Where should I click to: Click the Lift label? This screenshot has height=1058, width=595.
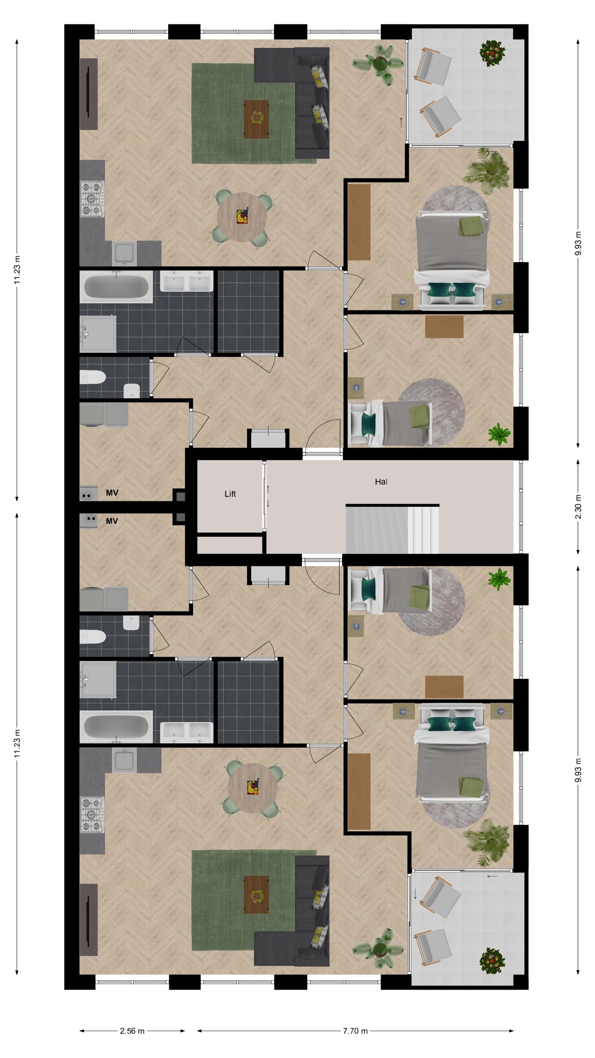[230, 494]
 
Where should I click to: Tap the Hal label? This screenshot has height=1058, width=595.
[381, 481]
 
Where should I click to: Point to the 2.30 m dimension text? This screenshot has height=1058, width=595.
[578, 507]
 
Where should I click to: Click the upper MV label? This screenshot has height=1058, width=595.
[112, 493]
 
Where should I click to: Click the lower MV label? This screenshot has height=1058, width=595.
[112, 521]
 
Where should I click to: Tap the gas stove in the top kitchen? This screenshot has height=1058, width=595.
[92, 199]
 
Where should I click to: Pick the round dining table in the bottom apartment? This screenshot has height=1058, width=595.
[252, 787]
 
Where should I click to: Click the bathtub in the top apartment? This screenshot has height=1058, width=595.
[116, 286]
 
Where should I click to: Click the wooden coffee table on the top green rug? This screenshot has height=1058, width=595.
[256, 119]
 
